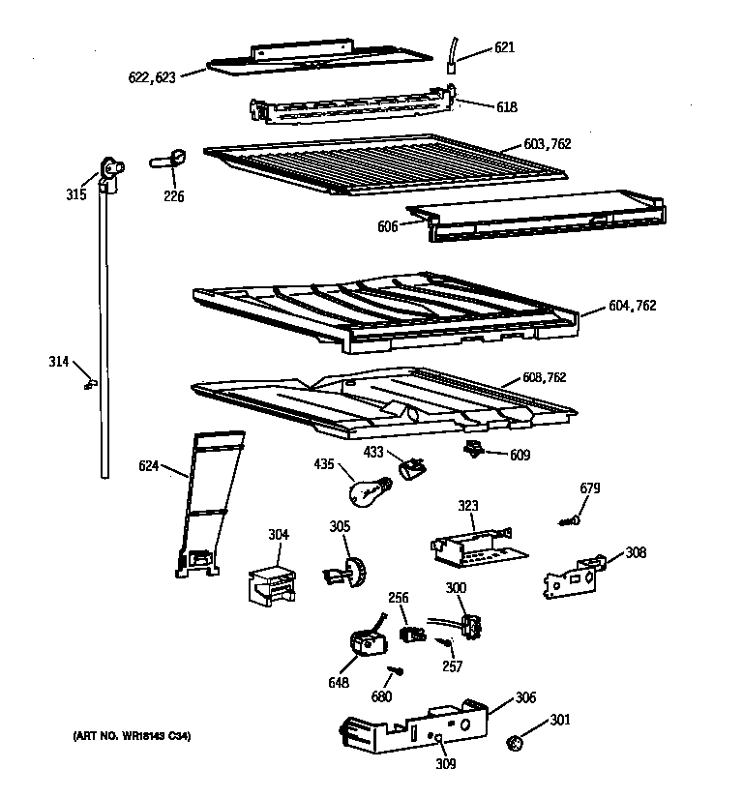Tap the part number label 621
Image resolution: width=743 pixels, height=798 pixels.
(504, 46)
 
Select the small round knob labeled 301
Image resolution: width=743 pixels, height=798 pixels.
(516, 743)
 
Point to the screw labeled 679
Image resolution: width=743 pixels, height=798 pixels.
(569, 521)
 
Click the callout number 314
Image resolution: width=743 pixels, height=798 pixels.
(59, 362)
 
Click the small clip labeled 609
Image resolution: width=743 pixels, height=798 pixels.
(475, 449)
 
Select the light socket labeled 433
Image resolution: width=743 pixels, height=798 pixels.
(410, 468)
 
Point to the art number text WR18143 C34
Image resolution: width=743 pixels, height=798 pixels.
(132, 738)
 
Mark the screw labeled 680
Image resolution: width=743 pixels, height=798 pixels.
(395, 670)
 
